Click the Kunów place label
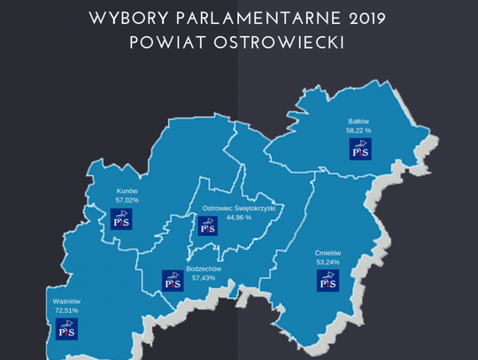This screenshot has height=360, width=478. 127,190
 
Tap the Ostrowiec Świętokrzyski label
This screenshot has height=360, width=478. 239,208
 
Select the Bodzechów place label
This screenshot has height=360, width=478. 204,269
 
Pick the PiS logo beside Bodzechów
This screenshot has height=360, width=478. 173,281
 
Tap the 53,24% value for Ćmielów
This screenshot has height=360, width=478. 328,263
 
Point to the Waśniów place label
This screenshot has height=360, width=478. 66,301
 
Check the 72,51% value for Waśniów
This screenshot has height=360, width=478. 66,310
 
